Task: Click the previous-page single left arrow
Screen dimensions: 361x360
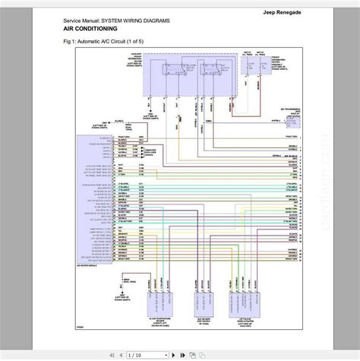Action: [x=113, y=353]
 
